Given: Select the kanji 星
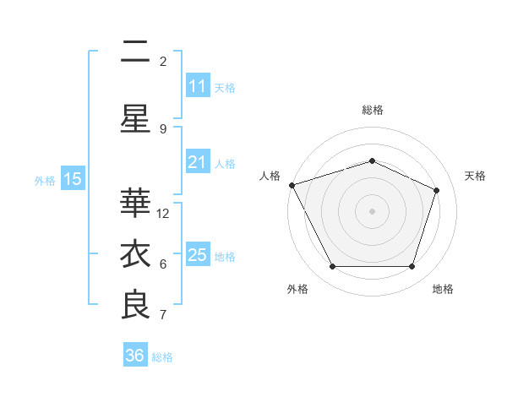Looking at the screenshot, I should click(135, 119).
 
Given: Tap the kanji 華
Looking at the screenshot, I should click(135, 204).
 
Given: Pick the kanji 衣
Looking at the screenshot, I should click(135, 255).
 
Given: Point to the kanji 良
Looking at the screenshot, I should click(135, 306).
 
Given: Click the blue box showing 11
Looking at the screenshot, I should click(197, 86).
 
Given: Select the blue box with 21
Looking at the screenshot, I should click(197, 162).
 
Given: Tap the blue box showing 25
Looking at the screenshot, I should click(197, 255).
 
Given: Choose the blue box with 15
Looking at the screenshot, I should click(73, 179).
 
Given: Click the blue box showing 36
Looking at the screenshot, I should click(134, 356).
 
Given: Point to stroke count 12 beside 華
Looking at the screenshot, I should click(164, 214).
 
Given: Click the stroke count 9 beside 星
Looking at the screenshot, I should click(163, 128).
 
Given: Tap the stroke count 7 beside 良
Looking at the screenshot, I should click(163, 315).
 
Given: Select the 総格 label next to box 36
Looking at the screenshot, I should click(163, 357).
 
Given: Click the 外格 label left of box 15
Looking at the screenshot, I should click(45, 180).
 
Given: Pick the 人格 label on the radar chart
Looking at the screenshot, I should click(270, 176).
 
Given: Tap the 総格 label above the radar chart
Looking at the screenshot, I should click(372, 110).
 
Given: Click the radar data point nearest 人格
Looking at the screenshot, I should click(292, 185).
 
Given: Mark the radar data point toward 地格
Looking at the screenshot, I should click(412, 267).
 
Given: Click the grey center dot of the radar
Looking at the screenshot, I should click(372, 211).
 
